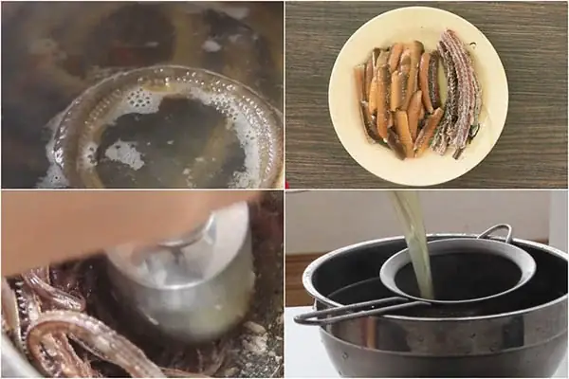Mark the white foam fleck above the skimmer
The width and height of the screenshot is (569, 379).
(211, 45)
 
